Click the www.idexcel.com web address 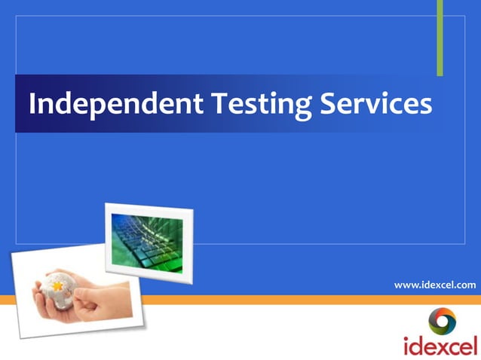(x=435, y=285)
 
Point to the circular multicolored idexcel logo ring (x=443, y=321)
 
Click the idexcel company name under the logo (x=441, y=346)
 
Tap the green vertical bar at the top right (x=440, y=38)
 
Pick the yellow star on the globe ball (x=58, y=287)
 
